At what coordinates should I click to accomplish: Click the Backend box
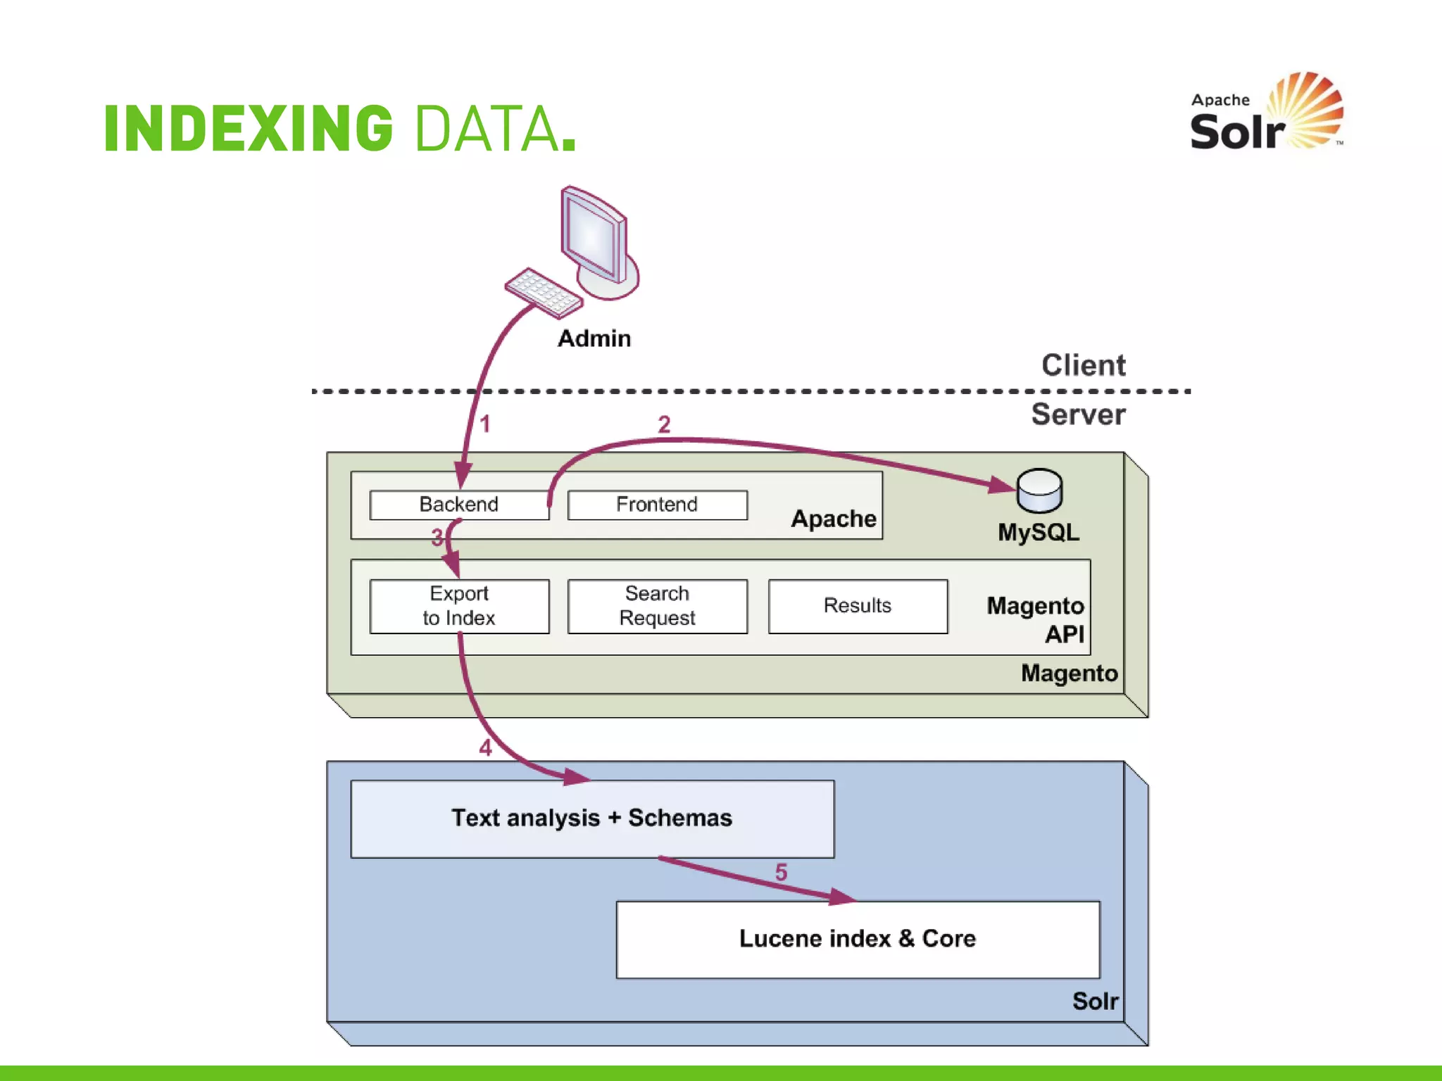(x=459, y=505)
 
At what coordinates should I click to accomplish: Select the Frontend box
(x=657, y=505)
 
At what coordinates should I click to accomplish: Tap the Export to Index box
(x=459, y=606)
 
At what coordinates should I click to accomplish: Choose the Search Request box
(x=657, y=606)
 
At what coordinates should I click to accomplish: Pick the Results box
(x=858, y=606)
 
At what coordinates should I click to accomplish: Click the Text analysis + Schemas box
(x=592, y=818)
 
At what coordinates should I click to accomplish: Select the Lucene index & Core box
(x=858, y=939)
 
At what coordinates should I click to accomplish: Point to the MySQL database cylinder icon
(x=1039, y=491)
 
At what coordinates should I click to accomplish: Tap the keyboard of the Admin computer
(x=543, y=292)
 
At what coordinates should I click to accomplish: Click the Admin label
(x=594, y=339)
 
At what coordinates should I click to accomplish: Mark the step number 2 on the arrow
(x=664, y=424)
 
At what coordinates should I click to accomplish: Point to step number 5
(x=781, y=873)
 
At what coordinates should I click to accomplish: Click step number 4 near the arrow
(x=485, y=747)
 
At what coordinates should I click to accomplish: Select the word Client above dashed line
(x=1083, y=365)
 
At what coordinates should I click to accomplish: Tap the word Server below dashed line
(x=1078, y=415)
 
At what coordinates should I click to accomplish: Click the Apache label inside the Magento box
(x=834, y=519)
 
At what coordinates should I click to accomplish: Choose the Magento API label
(x=1035, y=619)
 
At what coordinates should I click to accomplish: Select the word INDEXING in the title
(x=249, y=128)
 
